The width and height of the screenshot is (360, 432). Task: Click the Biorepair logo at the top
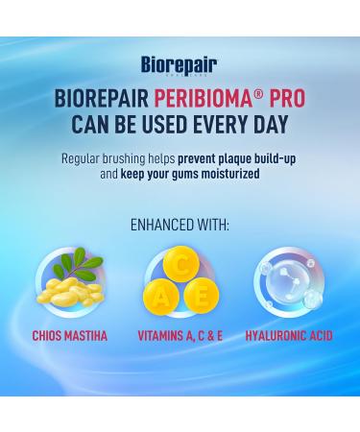[179, 66]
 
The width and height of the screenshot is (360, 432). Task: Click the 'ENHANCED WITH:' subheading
[180, 226]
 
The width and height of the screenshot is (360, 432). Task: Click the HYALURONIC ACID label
[290, 337]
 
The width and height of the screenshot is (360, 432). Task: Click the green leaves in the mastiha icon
[67, 264]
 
